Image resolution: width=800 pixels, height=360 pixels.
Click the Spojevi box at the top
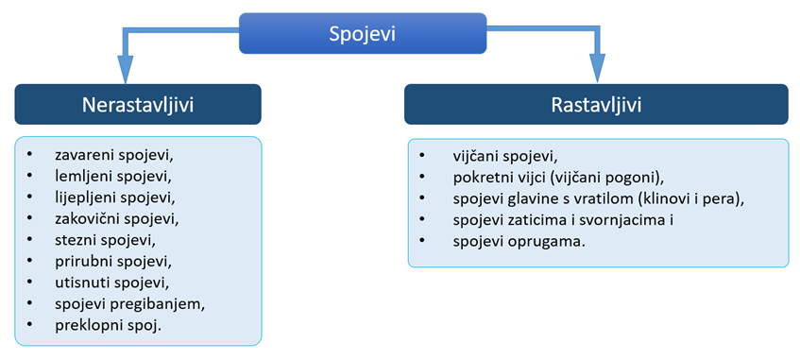(x=363, y=33)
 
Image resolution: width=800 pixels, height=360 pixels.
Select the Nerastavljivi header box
(x=138, y=104)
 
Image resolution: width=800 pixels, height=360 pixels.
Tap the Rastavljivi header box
(x=596, y=104)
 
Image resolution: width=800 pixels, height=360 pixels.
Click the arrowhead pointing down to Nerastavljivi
(x=125, y=68)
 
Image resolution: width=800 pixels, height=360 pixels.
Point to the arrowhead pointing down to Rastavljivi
(x=598, y=68)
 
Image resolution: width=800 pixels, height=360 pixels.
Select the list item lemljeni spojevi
(x=112, y=175)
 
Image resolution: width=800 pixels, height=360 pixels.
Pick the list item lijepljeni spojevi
(x=115, y=197)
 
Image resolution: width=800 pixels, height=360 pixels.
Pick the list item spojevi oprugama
(x=519, y=242)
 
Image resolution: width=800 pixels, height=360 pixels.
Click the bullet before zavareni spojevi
(x=30, y=154)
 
